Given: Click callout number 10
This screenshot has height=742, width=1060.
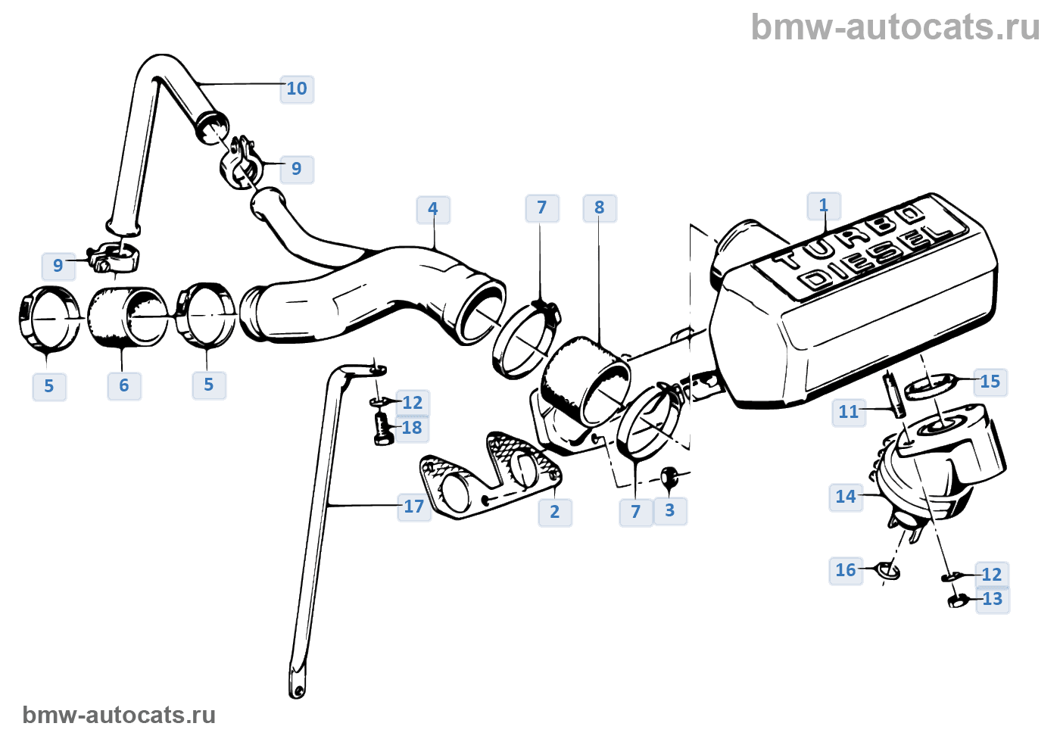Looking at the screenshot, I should [x=297, y=89].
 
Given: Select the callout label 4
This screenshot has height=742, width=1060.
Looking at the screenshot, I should [x=433, y=209].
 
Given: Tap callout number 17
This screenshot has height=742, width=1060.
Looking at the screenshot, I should [x=413, y=507].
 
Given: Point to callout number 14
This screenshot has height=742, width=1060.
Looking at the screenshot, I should [x=846, y=497].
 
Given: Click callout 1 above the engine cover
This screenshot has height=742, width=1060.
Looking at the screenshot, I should [x=824, y=205].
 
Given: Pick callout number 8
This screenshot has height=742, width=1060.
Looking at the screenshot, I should [x=600, y=207].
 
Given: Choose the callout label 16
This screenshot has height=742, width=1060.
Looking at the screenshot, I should [x=846, y=570].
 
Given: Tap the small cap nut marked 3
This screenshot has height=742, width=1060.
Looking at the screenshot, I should [x=669, y=477].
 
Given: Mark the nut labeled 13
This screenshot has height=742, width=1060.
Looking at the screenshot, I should [x=956, y=601].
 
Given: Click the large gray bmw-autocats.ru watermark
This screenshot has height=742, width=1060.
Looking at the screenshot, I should [x=895, y=27].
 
